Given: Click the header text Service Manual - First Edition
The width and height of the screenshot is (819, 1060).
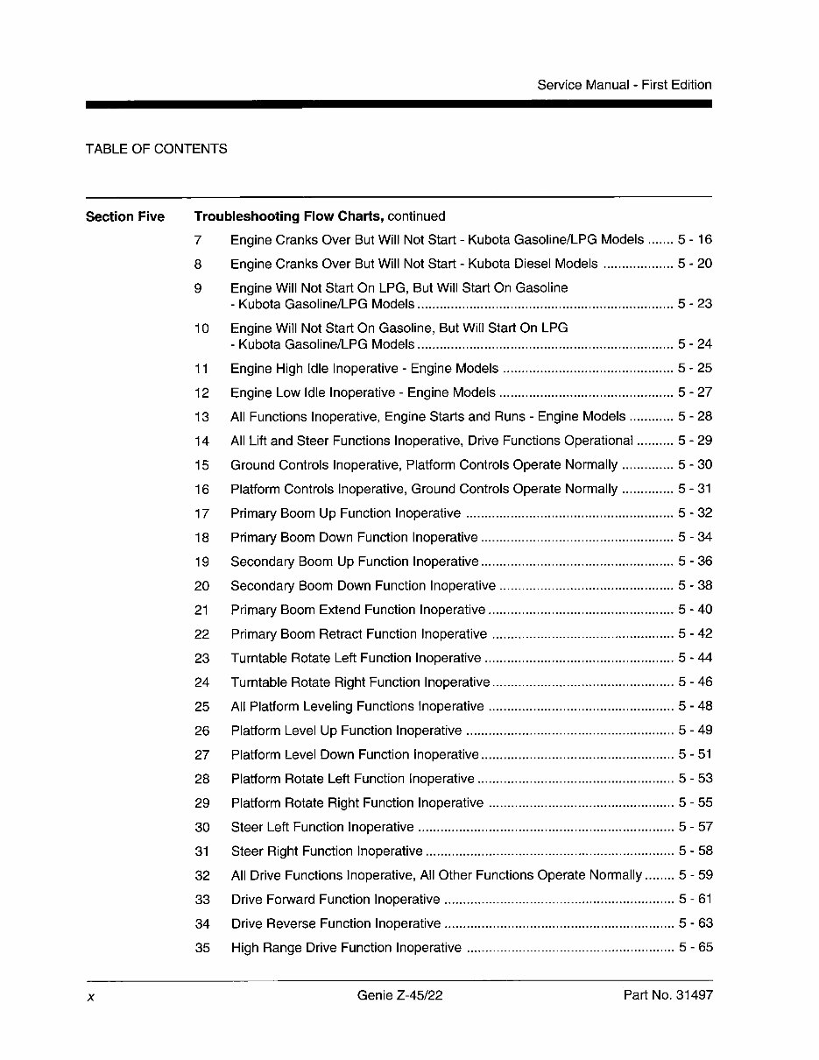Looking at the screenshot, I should (624, 85).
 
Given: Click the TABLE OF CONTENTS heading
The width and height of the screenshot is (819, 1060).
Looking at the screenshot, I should (156, 149).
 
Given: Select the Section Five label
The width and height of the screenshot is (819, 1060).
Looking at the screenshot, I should (124, 216).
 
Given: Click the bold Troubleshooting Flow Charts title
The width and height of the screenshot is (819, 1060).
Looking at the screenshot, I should (288, 216).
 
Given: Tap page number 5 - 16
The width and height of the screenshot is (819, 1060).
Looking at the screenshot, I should (695, 239).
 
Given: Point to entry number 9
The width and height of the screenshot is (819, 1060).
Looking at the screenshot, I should (198, 288).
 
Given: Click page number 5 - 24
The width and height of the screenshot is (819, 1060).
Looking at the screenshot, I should (695, 344).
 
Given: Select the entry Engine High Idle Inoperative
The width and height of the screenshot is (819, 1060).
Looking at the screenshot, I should (364, 369).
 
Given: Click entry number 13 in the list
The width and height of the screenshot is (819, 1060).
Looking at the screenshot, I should (201, 417).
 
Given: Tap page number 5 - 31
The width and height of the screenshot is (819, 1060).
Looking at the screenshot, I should (695, 489).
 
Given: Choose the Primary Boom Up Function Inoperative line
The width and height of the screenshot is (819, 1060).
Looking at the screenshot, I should (345, 513).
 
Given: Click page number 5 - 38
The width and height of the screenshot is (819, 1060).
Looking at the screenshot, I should (695, 585).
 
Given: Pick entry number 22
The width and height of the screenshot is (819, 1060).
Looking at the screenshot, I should (201, 634).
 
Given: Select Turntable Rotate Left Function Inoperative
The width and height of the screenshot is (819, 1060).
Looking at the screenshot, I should (356, 658).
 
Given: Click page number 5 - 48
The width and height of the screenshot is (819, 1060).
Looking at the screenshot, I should (695, 706).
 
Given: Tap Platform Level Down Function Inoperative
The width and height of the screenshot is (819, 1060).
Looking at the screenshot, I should (355, 754).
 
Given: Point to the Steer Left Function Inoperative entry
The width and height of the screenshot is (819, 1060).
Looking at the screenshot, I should (321, 827).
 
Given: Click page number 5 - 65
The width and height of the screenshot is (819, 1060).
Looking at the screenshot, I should (695, 947).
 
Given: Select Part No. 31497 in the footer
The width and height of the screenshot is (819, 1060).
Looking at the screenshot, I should (667, 995).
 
